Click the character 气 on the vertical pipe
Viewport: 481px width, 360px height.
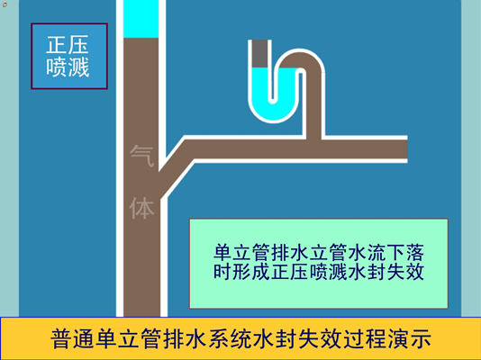pos(141,156)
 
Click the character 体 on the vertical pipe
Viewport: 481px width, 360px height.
pos(141,208)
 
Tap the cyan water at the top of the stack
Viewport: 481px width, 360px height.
pos(141,19)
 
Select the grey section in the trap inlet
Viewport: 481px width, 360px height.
pos(259,54)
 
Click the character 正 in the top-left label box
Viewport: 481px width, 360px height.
pos(57,45)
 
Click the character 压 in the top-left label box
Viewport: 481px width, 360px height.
pos(78,45)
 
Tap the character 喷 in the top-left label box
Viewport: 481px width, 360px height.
pos(57,67)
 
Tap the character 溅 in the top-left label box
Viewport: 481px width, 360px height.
pos(78,67)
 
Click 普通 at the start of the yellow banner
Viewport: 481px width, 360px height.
pos(72,339)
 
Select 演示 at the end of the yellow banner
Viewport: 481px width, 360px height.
pos(410,339)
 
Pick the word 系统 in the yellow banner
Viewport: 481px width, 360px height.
pos(230,339)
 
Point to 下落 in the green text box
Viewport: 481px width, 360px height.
pos(405,252)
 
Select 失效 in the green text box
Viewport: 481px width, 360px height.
pos(405,271)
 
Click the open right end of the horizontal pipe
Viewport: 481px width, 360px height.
pos(407,149)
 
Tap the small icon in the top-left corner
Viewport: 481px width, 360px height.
pos(5,4)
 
